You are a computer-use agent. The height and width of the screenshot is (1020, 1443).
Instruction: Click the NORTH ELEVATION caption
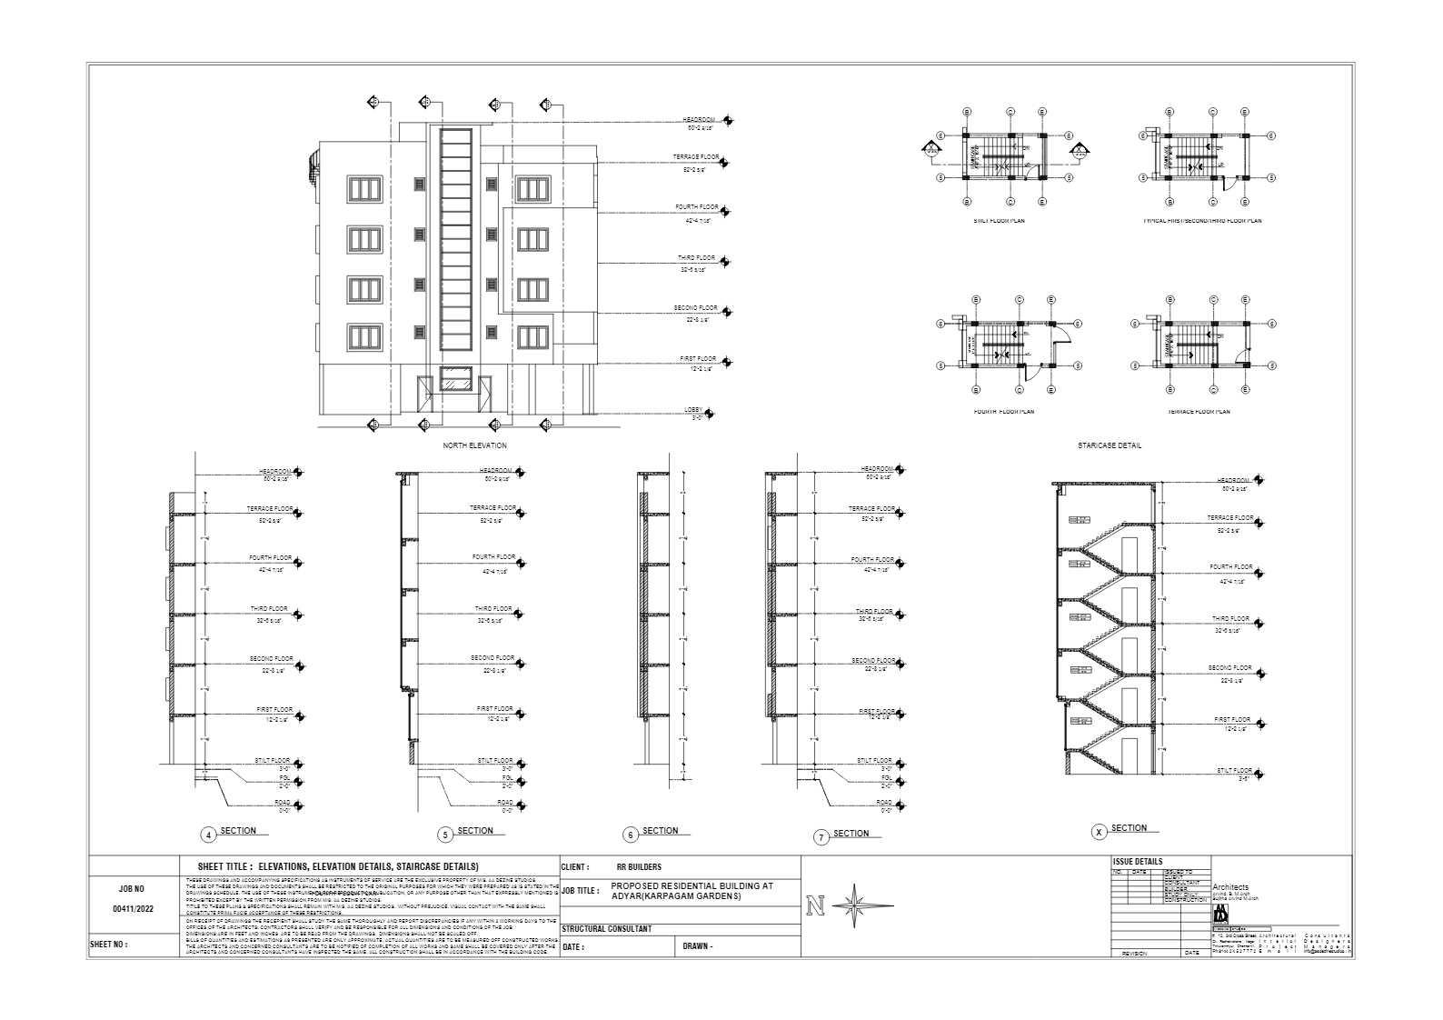point(474,445)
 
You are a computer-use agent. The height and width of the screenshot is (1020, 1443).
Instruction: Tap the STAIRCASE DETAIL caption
point(1109,445)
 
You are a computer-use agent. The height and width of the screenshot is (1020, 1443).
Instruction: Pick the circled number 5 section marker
point(445,835)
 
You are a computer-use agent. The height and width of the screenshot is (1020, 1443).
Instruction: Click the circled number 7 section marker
point(821,837)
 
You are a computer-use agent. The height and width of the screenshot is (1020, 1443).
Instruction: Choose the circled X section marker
point(1099,832)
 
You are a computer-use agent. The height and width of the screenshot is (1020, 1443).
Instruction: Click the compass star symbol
point(855,906)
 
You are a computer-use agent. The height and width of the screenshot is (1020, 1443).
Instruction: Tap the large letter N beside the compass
point(815,906)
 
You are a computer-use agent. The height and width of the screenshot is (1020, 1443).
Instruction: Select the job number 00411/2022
point(133,908)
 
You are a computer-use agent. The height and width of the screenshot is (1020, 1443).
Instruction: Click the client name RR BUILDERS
point(639,867)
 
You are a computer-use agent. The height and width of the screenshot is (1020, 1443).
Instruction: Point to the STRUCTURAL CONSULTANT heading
point(606,929)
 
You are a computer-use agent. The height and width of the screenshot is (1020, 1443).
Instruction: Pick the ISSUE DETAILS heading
point(1137,862)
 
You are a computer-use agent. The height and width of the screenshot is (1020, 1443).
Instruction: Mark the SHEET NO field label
point(108,945)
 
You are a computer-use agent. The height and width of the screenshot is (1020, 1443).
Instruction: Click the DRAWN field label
point(698,946)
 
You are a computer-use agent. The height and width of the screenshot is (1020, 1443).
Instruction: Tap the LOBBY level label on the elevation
point(693,410)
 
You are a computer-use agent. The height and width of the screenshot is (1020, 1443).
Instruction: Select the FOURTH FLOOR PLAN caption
point(1002,412)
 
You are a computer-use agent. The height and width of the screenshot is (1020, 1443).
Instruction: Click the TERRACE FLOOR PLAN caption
point(1199,412)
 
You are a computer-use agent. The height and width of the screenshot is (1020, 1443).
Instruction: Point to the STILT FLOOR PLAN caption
point(998,221)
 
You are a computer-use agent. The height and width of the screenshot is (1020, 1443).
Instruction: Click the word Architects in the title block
point(1230,887)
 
